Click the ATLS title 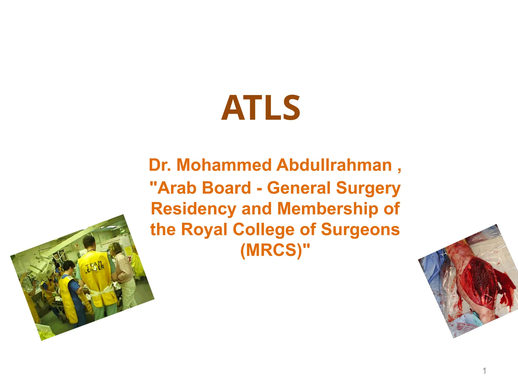point(261,108)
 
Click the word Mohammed point(224,165)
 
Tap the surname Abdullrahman point(334,165)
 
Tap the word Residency point(193,209)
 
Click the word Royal point(204,230)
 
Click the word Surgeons point(360,230)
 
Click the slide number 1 point(484,371)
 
